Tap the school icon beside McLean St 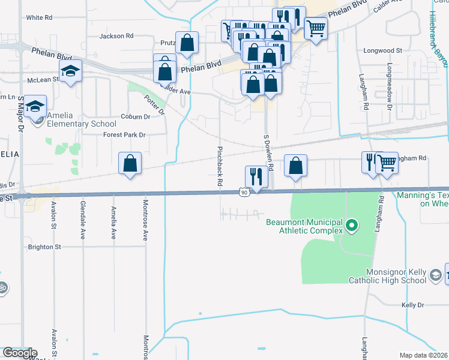tap(70, 71)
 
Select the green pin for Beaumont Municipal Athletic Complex tap(352, 227)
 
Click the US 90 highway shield tap(243, 192)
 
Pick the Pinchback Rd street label tap(220, 165)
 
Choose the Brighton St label tap(45, 247)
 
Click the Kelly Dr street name tap(412, 305)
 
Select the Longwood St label tap(382, 51)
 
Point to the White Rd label tap(39, 18)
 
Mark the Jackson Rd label tap(116, 36)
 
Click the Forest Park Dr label tap(125, 135)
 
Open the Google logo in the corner tap(19, 353)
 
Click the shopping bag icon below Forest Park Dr tap(130, 163)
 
